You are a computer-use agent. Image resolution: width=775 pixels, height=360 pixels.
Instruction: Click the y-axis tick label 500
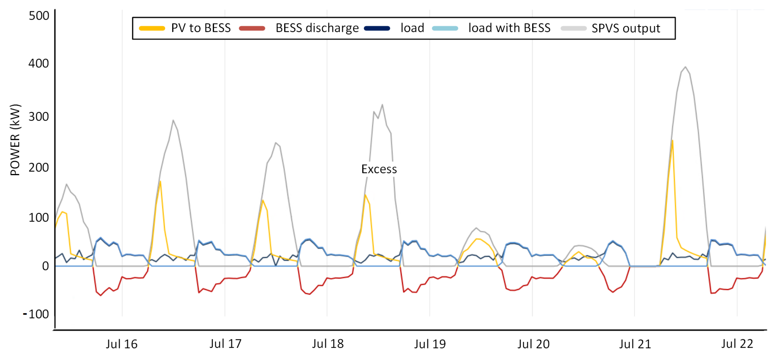click(x=38, y=16)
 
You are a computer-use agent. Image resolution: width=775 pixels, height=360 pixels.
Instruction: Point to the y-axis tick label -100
click(x=36, y=314)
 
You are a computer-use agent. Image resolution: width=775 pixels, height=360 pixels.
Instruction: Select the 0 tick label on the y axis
click(x=45, y=266)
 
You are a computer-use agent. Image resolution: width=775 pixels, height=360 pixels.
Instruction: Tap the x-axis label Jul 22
click(x=737, y=344)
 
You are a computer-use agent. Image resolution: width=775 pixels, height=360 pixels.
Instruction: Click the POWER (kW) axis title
click(x=15, y=140)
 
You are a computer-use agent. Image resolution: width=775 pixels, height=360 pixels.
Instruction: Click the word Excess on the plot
click(x=379, y=169)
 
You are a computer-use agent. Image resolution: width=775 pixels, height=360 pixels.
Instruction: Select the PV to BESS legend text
click(x=201, y=28)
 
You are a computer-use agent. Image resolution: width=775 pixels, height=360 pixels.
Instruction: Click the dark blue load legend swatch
click(x=377, y=28)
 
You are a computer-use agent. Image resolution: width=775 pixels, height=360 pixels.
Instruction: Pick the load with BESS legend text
click(x=509, y=28)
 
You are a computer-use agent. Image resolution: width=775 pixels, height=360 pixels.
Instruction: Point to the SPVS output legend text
click(x=626, y=28)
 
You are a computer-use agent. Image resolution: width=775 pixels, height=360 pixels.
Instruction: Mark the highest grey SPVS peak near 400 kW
click(x=685, y=67)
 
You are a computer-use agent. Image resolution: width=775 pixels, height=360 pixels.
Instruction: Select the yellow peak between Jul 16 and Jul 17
click(x=160, y=181)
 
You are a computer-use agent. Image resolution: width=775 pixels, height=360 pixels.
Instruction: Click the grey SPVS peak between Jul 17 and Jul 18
click(x=276, y=143)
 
